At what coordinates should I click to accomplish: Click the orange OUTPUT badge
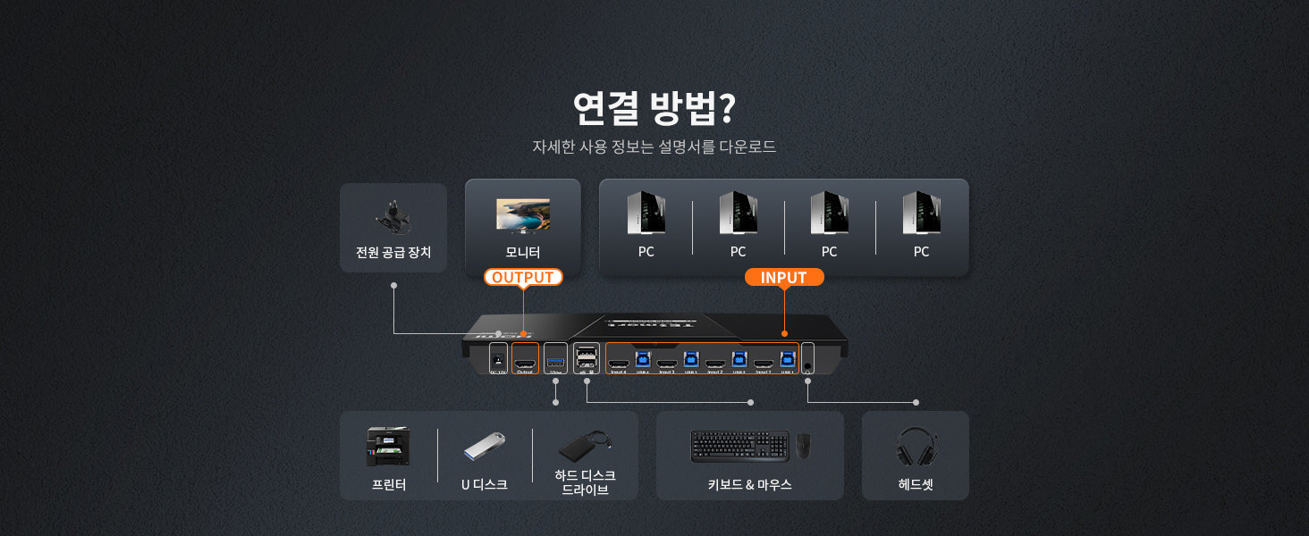[x=523, y=277]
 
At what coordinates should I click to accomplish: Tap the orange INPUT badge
[x=783, y=277]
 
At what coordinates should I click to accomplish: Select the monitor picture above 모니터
[x=523, y=214]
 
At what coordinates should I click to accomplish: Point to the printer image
[x=388, y=446]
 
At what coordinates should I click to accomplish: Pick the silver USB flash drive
[x=484, y=446]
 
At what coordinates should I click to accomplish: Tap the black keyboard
[x=739, y=446]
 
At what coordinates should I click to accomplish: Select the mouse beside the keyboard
[x=804, y=446]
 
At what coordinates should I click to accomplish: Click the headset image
[x=916, y=446]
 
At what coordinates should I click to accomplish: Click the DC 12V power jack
[x=498, y=360]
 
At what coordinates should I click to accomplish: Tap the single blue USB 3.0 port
[x=555, y=361]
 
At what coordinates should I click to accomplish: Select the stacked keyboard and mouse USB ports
[x=587, y=358]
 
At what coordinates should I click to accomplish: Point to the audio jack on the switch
[x=808, y=365]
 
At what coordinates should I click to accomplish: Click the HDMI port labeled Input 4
[x=618, y=363]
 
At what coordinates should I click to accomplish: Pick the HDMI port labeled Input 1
[x=764, y=363]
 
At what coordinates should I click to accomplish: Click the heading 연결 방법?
[x=654, y=107]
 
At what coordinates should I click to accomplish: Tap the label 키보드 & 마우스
[x=749, y=484]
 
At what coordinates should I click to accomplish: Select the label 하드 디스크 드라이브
[x=585, y=482]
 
